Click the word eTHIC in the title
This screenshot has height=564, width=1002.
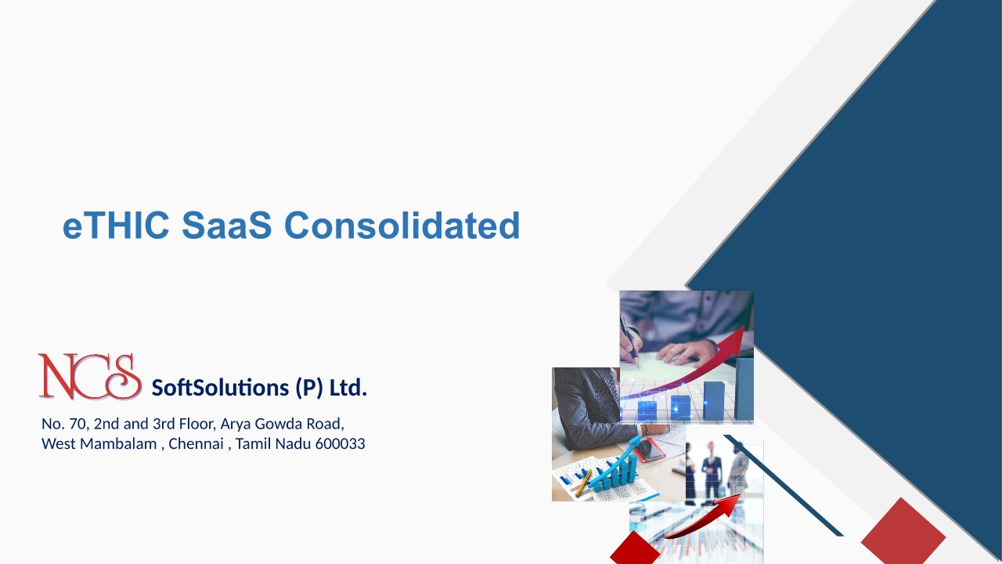pyautogui.click(x=116, y=225)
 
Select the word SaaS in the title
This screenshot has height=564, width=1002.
pyautogui.click(x=227, y=225)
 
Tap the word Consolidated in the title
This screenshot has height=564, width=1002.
pyautogui.click(x=402, y=225)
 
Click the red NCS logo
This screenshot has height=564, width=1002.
pyautogui.click(x=90, y=377)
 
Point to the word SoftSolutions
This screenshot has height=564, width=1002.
pyautogui.click(x=220, y=388)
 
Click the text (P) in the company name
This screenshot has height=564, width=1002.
pyautogui.click(x=309, y=388)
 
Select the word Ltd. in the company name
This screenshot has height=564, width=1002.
pyautogui.click(x=348, y=388)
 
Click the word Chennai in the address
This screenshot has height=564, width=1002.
pyautogui.click(x=196, y=443)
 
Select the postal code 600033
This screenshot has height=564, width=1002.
pyautogui.click(x=340, y=443)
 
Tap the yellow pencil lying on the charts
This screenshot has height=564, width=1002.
pyautogui.click(x=583, y=483)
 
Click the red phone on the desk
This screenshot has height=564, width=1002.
pyautogui.click(x=651, y=450)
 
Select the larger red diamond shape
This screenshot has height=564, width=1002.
pyautogui.click(x=903, y=531)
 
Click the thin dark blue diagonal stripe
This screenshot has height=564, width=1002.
pyautogui.click(x=784, y=485)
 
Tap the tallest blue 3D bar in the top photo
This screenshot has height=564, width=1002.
pyautogui.click(x=744, y=389)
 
